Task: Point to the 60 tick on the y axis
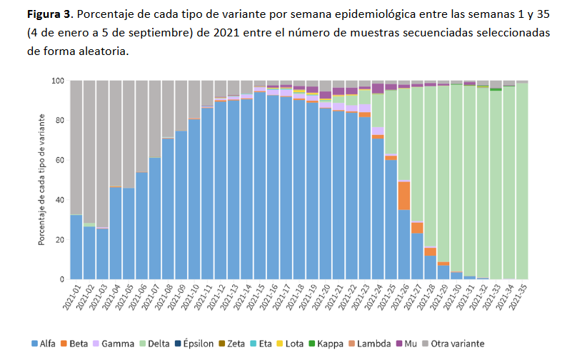tap(60, 160)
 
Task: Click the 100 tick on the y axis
tap(58, 81)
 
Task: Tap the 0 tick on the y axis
tap(63, 279)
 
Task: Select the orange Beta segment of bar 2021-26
tap(404, 195)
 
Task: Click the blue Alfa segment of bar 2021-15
tap(260, 186)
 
